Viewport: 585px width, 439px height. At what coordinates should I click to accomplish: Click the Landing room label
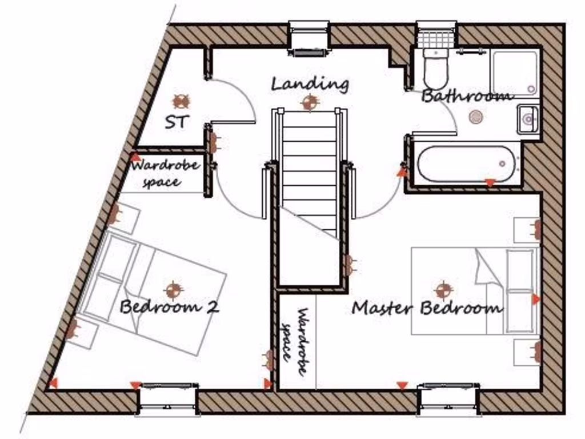(310, 85)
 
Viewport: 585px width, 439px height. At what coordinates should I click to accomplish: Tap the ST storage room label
(177, 122)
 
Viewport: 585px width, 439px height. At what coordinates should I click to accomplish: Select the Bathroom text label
(466, 96)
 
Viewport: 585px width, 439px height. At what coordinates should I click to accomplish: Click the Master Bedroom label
(427, 308)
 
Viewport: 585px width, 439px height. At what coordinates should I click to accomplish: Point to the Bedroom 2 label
(169, 307)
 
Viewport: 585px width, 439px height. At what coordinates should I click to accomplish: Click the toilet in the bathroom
(437, 69)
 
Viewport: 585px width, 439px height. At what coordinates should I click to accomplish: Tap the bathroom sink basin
(528, 119)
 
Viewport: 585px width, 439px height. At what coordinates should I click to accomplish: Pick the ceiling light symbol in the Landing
(310, 103)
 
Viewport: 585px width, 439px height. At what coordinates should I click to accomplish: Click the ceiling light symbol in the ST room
(182, 101)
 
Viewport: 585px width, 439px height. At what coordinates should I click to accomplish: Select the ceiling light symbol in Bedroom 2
(172, 289)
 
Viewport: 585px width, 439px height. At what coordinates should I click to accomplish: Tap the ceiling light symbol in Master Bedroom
(443, 290)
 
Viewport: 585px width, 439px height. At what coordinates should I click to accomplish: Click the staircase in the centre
(309, 171)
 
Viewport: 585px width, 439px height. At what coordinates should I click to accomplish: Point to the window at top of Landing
(309, 38)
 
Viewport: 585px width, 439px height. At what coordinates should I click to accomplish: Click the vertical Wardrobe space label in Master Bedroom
(296, 342)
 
